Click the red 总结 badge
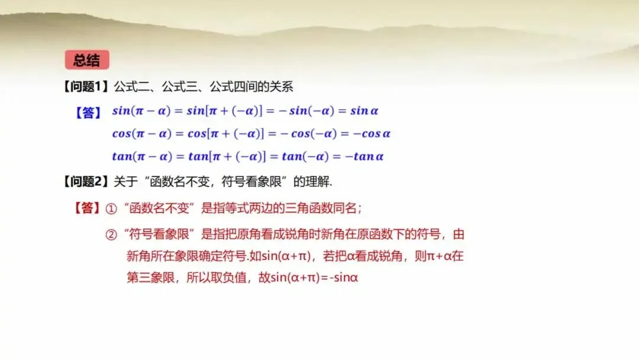click(87, 60)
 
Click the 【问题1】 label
click(86, 86)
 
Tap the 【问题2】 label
click(86, 181)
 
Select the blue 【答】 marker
click(88, 112)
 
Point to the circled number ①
click(111, 209)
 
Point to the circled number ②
click(111, 235)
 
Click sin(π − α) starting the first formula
click(141, 111)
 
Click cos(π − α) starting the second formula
click(142, 134)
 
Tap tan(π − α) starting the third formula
click(142, 156)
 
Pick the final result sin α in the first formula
click(364, 111)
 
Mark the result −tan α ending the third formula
click(364, 156)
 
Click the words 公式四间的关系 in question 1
click(251, 86)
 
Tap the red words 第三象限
click(150, 278)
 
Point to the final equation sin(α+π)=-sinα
click(314, 278)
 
